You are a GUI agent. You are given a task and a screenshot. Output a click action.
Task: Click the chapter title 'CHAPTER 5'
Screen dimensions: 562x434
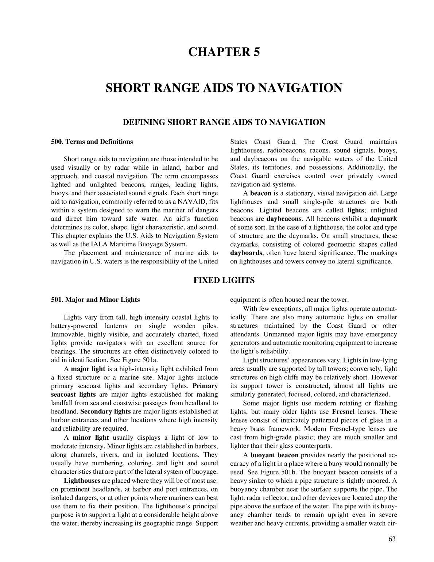coord(224,52)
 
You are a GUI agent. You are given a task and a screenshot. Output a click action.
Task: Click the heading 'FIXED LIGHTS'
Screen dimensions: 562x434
coord(224,280)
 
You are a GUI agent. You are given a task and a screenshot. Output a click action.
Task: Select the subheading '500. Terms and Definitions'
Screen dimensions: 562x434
coord(92,142)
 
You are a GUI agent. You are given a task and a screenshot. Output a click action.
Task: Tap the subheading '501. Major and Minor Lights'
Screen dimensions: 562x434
coord(95,300)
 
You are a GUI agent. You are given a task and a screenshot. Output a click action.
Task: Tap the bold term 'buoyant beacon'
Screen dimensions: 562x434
coord(274,455)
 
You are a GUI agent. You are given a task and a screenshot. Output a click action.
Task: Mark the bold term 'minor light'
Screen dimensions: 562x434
coord(91,438)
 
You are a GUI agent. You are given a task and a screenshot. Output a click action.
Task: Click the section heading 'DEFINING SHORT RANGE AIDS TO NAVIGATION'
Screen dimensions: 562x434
coord(224,122)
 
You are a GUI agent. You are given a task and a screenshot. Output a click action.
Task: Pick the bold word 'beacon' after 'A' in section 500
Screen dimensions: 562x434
coord(260,193)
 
